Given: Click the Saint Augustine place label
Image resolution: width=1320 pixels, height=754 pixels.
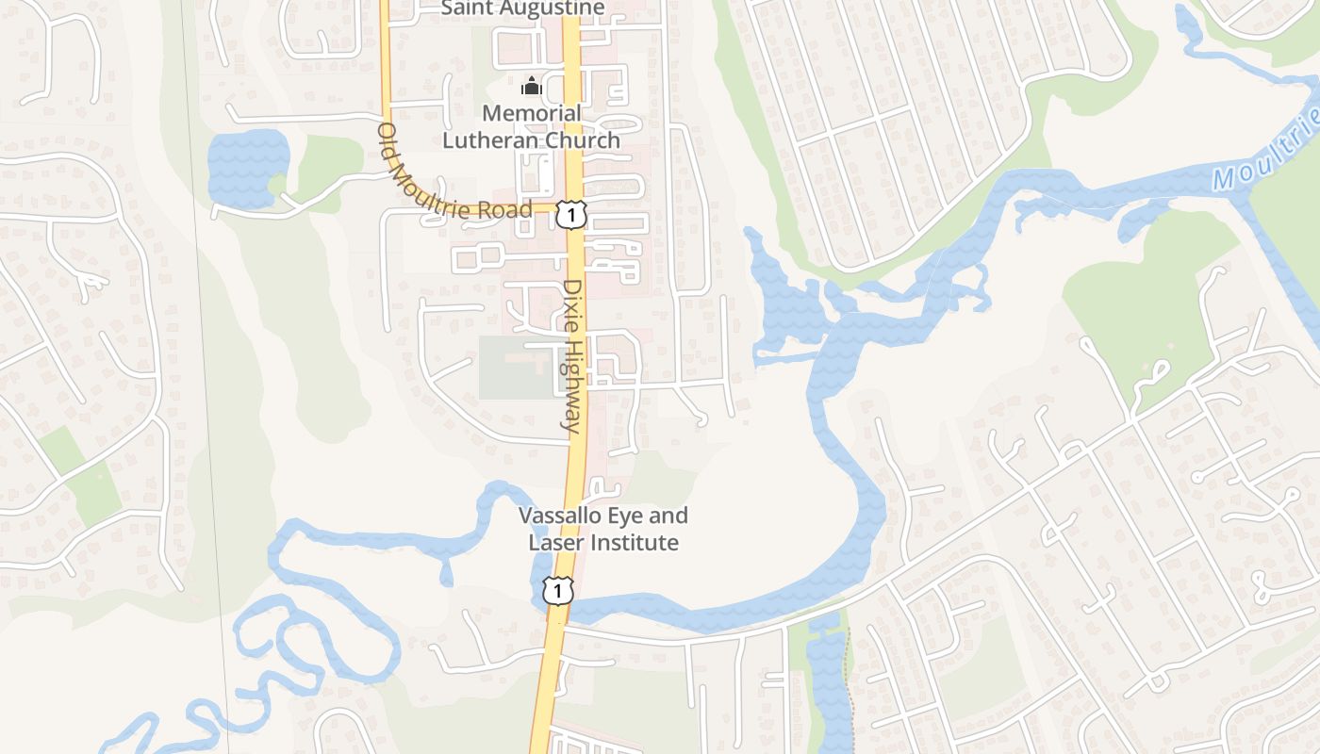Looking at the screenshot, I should tap(523, 8).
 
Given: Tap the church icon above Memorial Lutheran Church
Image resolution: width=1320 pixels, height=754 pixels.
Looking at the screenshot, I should tap(532, 87).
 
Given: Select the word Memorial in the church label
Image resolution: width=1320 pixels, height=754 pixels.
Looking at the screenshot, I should tap(532, 113).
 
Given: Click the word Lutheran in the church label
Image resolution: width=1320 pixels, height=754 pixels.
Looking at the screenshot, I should tap(490, 140).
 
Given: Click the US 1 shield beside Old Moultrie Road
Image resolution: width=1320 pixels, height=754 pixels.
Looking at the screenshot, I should tap(569, 215).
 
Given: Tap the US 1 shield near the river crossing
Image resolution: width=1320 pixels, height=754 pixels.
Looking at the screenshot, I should tap(558, 591).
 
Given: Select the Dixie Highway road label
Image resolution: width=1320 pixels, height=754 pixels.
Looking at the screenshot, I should tap(572, 356).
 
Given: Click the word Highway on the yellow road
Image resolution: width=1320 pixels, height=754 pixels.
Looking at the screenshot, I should tap(571, 385).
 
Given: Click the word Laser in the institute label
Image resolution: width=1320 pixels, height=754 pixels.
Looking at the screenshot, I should tap(553, 543).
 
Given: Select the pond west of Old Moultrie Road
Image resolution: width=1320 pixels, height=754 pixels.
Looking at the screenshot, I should tap(247, 168).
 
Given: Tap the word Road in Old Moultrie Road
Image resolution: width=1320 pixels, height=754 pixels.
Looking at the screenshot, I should tap(505, 209).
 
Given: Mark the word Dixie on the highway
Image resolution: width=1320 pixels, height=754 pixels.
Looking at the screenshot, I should tap(572, 306).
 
